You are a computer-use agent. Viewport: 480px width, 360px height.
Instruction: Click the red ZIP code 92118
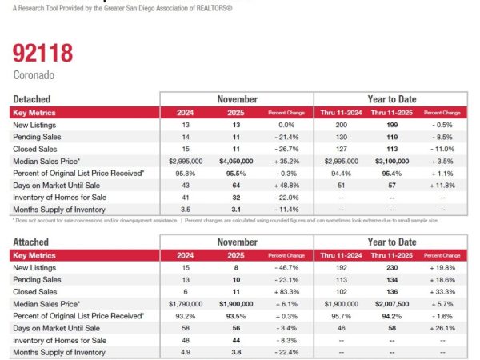pyautogui.click(x=42, y=54)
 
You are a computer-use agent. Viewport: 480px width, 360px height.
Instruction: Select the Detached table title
pyautogui.click(x=31, y=99)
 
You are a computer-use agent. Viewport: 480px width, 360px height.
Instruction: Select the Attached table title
pyautogui.click(x=31, y=241)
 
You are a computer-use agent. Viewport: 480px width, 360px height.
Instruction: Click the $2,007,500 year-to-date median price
pyautogui.click(x=390, y=305)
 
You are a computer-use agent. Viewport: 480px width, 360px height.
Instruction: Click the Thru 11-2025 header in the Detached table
pyautogui.click(x=390, y=113)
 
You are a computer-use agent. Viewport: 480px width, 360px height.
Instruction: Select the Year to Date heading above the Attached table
pyautogui.click(x=390, y=241)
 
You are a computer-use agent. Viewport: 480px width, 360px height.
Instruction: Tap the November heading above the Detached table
pyautogui.click(x=237, y=99)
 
